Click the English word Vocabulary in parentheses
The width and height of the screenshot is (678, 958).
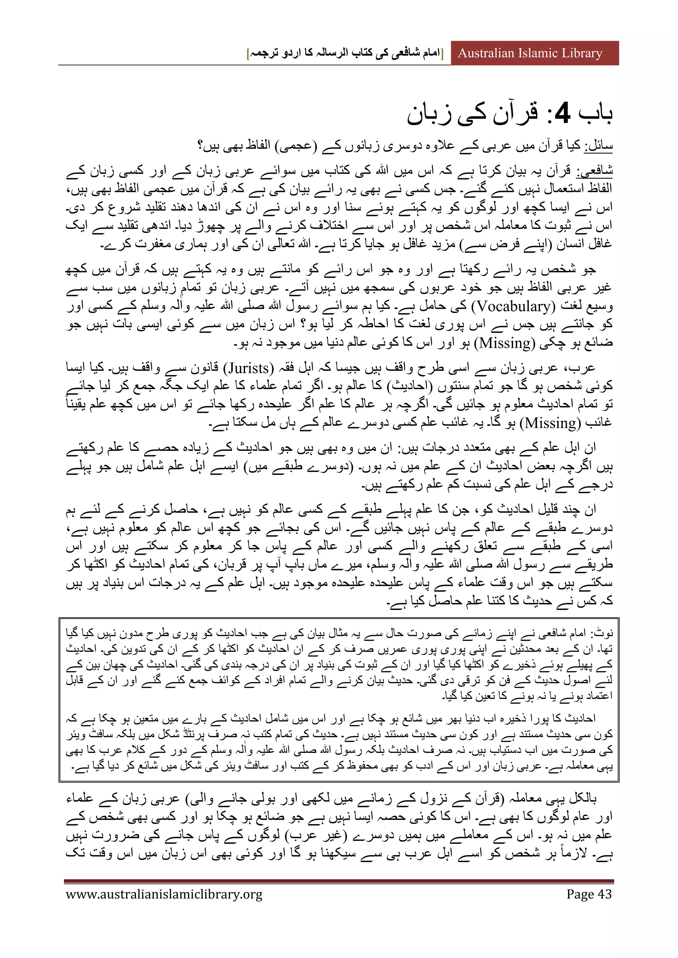513,306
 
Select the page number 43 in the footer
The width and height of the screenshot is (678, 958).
605,894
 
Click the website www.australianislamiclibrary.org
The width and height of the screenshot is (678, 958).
164,894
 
